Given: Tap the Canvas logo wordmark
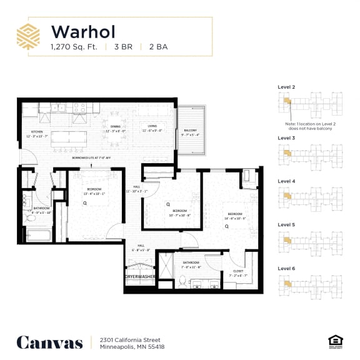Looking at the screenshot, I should coord(49,342).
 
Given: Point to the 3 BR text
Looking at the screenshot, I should coord(124,47).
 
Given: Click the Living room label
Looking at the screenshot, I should coord(152,128).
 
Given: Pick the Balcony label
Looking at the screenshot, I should coord(190,132).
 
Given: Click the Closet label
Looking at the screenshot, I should coord(238,272).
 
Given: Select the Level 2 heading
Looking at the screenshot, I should coord(286,87).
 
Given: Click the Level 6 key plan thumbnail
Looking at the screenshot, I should coord(310,284).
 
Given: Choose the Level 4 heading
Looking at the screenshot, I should coord(286,181).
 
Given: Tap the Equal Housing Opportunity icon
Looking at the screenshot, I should coord(334,341).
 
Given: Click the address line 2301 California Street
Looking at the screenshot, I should coord(122,338).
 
